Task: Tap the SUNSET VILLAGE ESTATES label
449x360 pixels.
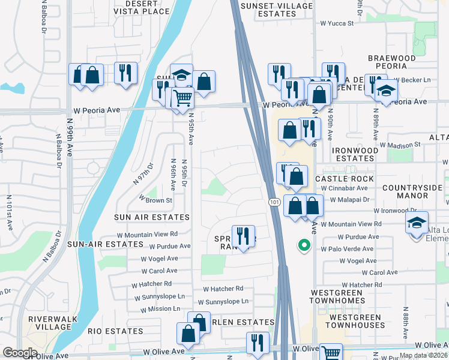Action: [x=276, y=10]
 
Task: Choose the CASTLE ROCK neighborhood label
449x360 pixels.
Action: [x=345, y=179]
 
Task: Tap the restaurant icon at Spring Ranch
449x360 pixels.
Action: [x=243, y=235]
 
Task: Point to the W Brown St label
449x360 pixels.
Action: [x=156, y=199]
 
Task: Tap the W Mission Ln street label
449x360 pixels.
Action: [x=160, y=310]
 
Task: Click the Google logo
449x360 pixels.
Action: [x=20, y=353]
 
